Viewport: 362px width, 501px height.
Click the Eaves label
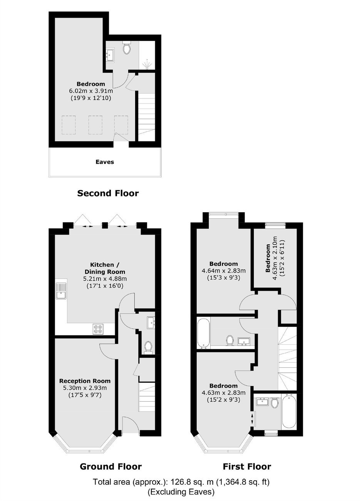(x=105, y=162)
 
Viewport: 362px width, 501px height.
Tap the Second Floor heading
(x=108, y=193)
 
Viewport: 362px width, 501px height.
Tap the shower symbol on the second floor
(x=147, y=64)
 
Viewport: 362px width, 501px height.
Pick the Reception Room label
(x=85, y=381)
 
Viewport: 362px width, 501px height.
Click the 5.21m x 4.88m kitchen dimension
(x=105, y=279)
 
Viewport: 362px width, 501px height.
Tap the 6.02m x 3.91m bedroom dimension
(x=91, y=91)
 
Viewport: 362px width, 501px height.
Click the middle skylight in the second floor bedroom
(x=95, y=125)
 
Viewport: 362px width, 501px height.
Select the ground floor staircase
(x=147, y=397)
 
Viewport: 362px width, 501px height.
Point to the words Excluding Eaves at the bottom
(x=181, y=490)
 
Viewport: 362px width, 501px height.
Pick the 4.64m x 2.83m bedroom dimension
(x=223, y=271)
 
